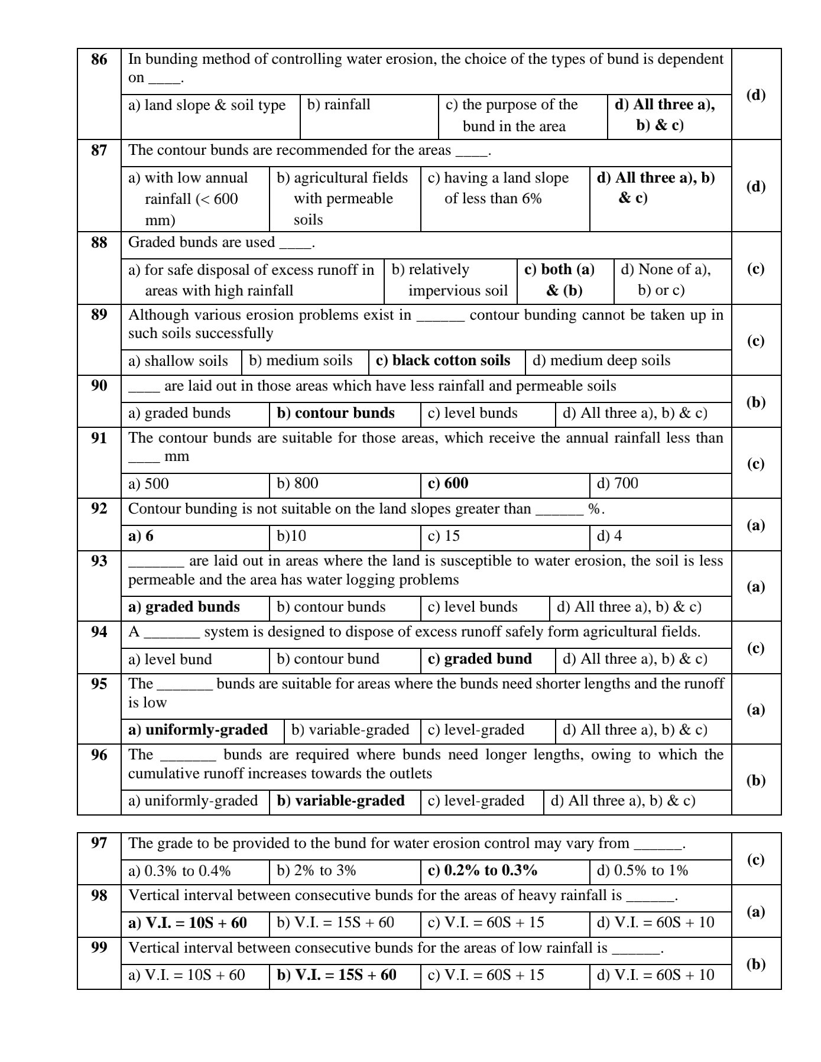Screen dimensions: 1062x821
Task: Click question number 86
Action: [x=99, y=60]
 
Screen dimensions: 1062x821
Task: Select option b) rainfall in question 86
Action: [x=339, y=105]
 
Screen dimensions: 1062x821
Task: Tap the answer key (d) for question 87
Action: [x=755, y=187]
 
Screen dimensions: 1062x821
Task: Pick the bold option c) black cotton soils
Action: [x=443, y=361]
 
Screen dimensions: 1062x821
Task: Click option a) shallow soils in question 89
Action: [x=178, y=361]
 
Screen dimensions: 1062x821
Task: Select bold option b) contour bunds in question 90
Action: [x=336, y=413]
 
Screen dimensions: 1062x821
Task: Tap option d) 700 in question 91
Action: [x=617, y=483]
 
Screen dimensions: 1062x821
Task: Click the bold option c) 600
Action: [x=447, y=483]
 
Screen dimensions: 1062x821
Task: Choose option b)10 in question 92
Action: [x=291, y=536]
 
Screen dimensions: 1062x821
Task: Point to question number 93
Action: [x=99, y=561]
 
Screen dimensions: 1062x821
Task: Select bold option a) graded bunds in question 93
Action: [x=184, y=607]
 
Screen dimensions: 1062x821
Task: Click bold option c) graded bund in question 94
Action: [x=479, y=659]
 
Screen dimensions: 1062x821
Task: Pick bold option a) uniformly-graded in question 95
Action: [x=197, y=730]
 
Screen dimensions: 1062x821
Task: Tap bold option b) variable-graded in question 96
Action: [x=340, y=801]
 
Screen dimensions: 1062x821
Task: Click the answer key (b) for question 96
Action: [x=755, y=781]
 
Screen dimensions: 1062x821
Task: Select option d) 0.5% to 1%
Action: [x=642, y=871]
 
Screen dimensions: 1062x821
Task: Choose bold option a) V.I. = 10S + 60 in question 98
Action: [x=187, y=923]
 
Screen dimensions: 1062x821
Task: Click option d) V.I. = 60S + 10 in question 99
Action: [x=655, y=975]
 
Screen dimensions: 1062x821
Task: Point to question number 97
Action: [x=99, y=843]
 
